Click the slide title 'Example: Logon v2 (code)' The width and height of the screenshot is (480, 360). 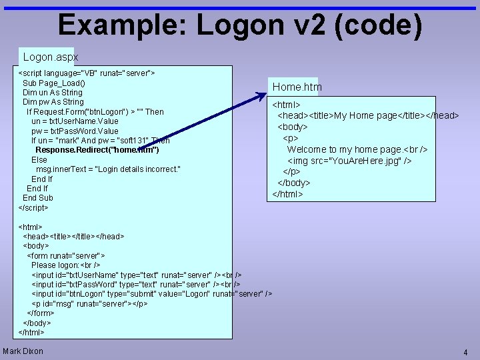tap(240, 25)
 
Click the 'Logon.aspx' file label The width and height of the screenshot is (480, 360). tap(51, 57)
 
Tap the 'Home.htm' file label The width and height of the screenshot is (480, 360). tap(297, 87)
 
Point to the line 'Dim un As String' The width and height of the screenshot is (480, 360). tap(53, 93)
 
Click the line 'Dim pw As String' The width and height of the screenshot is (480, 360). tap(53, 102)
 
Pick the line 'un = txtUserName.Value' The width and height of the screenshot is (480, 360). tap(75, 121)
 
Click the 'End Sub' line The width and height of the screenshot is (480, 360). tap(38, 198)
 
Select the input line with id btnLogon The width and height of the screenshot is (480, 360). tap(151, 294)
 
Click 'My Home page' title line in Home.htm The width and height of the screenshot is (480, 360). tap(368, 116)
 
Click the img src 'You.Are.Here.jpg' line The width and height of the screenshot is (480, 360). tap(349, 161)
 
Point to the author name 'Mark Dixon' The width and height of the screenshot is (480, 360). tap(23, 351)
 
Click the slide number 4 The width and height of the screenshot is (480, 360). tap(465, 352)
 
